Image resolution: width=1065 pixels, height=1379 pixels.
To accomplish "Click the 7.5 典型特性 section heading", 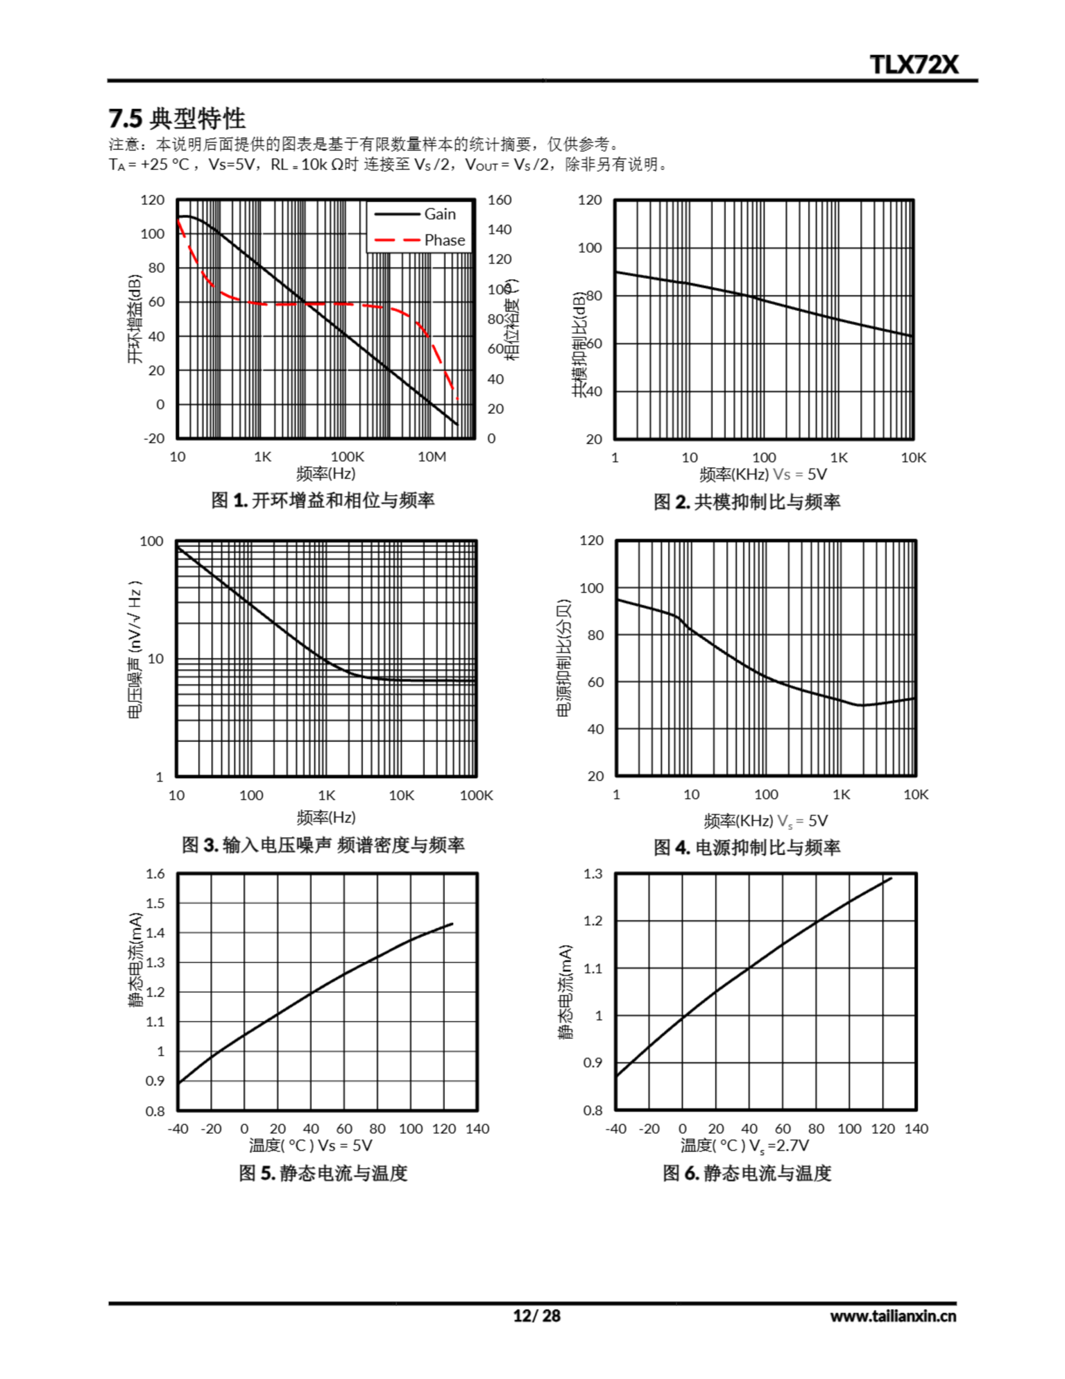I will coord(177,118).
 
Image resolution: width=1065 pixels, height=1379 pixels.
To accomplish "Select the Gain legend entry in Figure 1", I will coord(439,214).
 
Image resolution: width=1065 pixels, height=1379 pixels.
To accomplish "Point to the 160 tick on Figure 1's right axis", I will coord(499,200).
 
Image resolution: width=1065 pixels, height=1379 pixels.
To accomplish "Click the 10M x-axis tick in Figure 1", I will coord(432,456).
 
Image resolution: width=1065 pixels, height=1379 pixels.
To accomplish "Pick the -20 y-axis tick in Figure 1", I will coord(153,438).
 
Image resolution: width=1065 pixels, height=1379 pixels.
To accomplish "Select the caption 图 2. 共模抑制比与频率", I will coord(747,502).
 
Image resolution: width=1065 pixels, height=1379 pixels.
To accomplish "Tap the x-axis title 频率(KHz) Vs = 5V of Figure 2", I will coord(762,474).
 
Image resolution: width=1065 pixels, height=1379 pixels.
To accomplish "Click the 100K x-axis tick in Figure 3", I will coord(476,796).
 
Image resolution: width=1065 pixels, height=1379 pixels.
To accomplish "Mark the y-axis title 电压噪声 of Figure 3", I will coord(135,650).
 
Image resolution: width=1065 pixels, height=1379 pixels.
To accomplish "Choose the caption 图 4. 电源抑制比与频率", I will coord(747,847).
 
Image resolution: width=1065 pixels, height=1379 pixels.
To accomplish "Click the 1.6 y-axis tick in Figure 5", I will coord(155,874).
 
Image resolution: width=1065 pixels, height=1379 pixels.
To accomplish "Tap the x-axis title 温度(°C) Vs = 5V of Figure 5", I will coord(311,1145).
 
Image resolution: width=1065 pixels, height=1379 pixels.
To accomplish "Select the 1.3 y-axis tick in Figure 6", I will coord(593,874).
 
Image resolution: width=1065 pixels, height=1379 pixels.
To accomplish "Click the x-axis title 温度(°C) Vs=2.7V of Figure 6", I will coord(744,1145).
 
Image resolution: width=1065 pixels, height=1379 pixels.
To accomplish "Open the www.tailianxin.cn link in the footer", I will coord(893,1316).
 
